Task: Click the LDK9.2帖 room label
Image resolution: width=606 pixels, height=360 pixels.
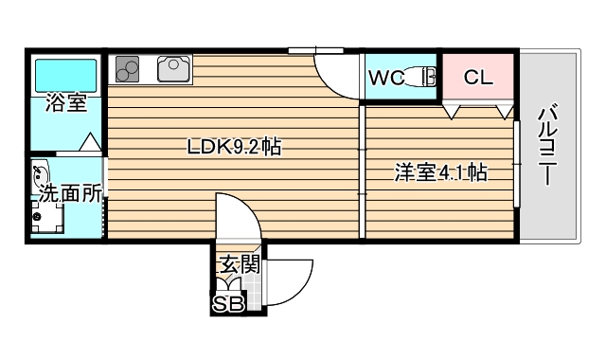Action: [x=233, y=147]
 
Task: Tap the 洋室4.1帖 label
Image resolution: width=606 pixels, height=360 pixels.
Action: [x=440, y=172]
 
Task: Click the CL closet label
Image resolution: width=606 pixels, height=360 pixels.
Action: [x=478, y=78]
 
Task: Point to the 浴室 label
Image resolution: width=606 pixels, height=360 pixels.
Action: [x=65, y=102]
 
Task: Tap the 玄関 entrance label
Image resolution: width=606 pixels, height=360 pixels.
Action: [x=240, y=264]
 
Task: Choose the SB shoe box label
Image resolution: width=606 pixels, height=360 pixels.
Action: [x=228, y=303]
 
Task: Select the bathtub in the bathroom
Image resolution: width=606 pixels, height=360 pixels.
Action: [x=66, y=73]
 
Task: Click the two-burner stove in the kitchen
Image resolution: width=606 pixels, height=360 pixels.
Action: [x=128, y=68]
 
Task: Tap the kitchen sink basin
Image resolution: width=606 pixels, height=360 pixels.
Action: [x=174, y=68]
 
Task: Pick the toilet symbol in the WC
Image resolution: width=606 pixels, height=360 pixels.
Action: [x=422, y=78]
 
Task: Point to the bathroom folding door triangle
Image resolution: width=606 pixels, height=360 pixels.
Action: [x=90, y=144]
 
